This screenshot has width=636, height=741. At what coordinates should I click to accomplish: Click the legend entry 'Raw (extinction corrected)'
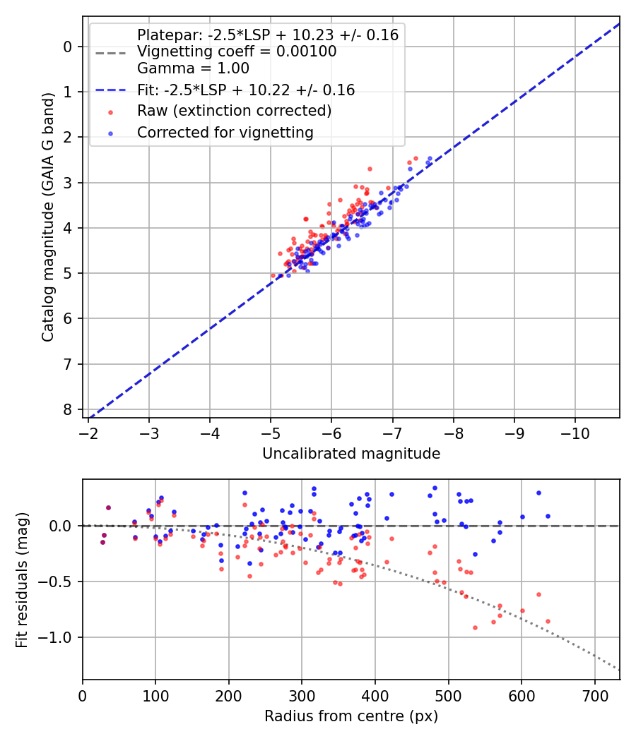click(234, 111)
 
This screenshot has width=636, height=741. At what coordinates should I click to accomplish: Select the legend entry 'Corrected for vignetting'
click(225, 132)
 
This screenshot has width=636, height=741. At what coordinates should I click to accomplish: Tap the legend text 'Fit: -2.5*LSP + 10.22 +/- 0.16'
click(245, 90)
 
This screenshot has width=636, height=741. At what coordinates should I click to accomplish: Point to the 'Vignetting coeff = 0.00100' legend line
click(236, 52)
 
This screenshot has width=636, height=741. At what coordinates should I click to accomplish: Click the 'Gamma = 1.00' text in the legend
click(193, 68)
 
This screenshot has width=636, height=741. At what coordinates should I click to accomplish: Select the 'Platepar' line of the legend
click(267, 35)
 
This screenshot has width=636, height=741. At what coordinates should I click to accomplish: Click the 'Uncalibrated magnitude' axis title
click(351, 454)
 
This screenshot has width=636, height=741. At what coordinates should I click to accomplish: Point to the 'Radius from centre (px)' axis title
click(351, 716)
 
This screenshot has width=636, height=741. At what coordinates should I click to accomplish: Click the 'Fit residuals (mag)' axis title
click(21, 579)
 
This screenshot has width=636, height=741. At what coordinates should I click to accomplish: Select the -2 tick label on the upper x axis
click(88, 430)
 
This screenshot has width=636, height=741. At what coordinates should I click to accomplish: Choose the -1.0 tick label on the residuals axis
click(59, 637)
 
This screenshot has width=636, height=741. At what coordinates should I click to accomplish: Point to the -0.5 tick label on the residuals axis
click(59, 582)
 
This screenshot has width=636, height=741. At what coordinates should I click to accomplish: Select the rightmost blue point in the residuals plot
click(548, 516)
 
